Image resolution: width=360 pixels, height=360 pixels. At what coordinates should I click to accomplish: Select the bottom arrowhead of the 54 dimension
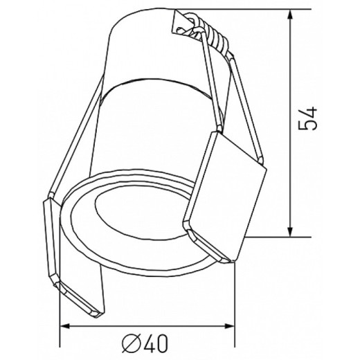290,231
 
